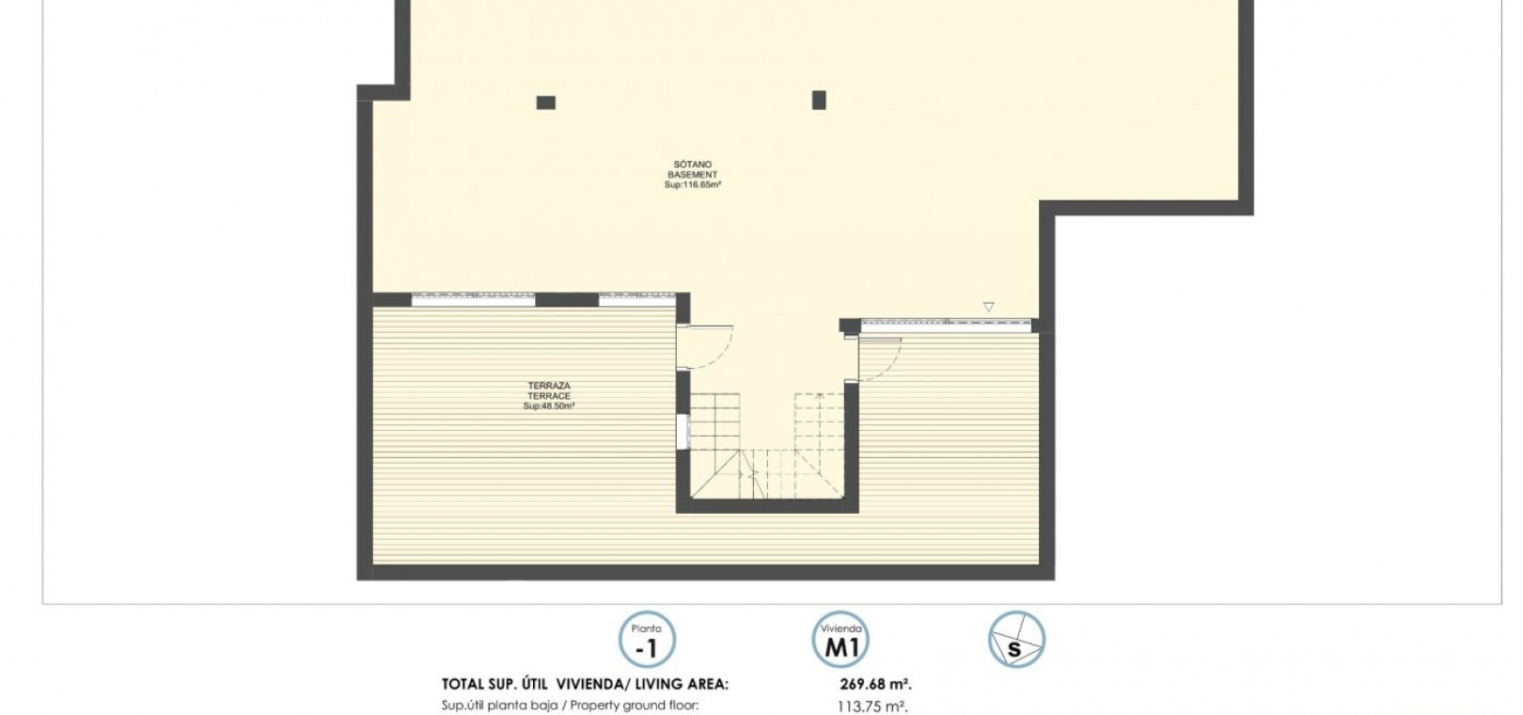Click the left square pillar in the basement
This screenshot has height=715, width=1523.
(546, 103)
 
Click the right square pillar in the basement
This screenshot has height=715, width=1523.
(819, 100)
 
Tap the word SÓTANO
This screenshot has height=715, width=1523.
(692, 165)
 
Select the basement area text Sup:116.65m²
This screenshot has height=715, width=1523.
(692, 185)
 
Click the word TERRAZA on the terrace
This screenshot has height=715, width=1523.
(549, 386)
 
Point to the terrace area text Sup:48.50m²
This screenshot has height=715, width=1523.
(549, 406)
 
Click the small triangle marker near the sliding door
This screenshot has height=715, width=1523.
(989, 307)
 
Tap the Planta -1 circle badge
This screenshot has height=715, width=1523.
(647, 640)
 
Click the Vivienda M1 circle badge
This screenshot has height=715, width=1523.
(840, 640)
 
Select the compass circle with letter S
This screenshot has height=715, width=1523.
(1016, 640)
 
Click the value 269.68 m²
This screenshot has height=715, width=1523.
(876, 684)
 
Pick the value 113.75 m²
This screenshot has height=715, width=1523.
(872, 707)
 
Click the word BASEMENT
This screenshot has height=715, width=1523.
(692, 175)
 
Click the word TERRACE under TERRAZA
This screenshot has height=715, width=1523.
(549, 396)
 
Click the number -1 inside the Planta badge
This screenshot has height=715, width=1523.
(646, 649)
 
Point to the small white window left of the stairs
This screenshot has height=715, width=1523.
(683, 433)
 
